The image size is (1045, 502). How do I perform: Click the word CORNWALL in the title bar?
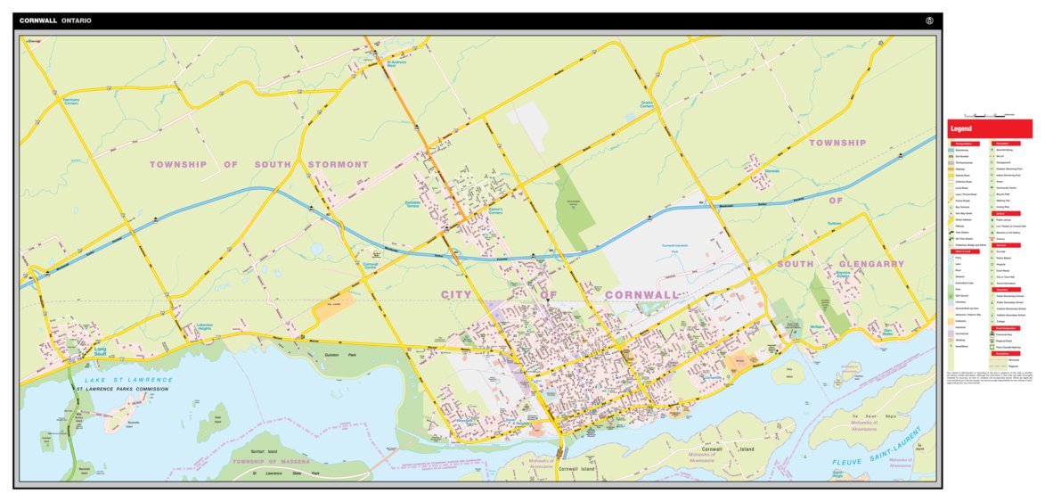tap(38, 21)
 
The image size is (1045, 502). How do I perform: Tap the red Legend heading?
tap(961, 128)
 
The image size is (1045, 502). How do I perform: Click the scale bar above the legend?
tap(990, 116)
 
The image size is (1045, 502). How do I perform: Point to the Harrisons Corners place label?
tap(72, 101)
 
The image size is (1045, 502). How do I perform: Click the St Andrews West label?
tap(396, 62)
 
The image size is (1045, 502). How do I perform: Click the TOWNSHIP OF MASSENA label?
tap(271, 462)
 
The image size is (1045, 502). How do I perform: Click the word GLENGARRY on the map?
tap(867, 264)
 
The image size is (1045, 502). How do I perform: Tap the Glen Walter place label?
tap(887, 333)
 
